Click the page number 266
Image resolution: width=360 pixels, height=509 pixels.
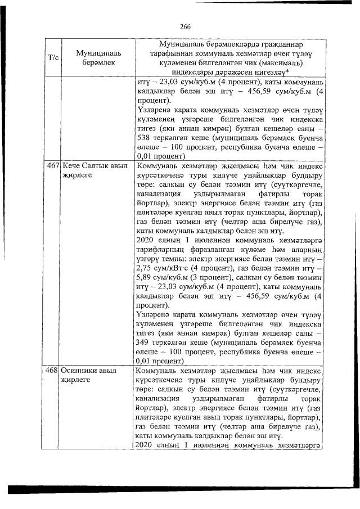[x=186, y=26]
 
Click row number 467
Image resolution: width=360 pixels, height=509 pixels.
[x=53, y=167]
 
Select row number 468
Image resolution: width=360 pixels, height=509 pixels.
[x=53, y=372]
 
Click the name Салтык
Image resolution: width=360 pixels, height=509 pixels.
[x=100, y=167]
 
